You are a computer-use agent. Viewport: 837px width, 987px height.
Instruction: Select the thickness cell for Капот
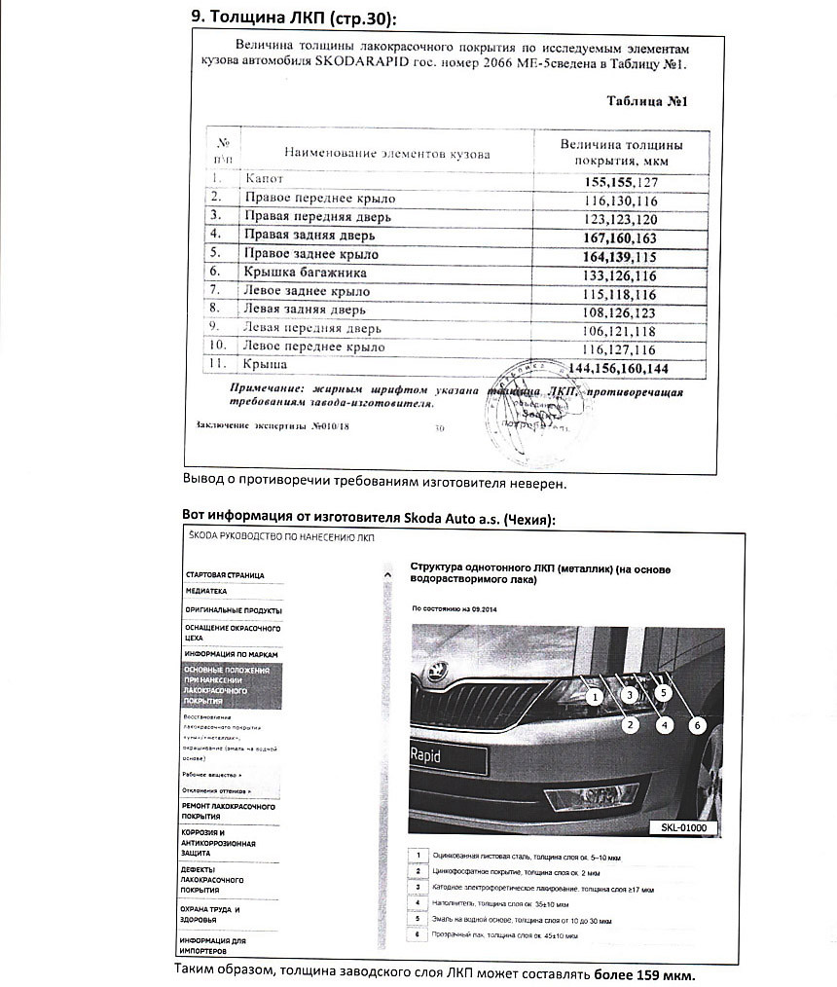(622, 181)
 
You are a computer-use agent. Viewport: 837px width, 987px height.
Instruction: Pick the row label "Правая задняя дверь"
(309, 236)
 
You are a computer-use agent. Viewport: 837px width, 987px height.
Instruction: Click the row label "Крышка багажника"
(306, 273)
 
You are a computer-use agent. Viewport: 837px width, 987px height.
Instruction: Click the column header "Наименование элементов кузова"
(386, 154)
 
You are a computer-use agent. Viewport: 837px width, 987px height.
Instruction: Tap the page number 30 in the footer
(440, 427)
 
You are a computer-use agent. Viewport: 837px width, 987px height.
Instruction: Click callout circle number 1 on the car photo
(594, 697)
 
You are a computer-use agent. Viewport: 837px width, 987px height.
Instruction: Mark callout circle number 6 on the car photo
(697, 724)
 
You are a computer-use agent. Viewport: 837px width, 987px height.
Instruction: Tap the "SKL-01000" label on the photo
(685, 828)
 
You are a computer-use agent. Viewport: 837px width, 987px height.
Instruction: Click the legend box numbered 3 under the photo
(417, 887)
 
